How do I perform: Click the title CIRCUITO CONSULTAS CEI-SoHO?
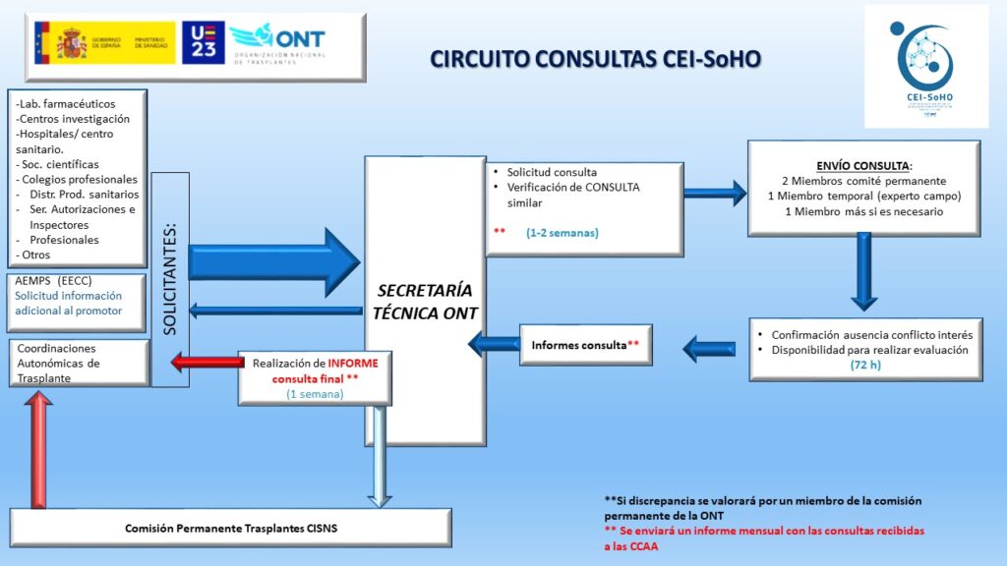(x=596, y=60)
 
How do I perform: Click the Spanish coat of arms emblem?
(x=72, y=43)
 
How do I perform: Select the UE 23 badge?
(x=203, y=43)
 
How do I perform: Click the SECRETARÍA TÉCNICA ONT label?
(x=426, y=302)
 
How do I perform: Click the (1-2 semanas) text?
(x=562, y=233)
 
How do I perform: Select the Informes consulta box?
(x=586, y=345)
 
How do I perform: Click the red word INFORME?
(x=359, y=362)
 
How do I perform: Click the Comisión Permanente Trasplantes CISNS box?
(x=230, y=528)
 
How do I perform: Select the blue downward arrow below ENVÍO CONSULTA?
(x=862, y=269)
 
